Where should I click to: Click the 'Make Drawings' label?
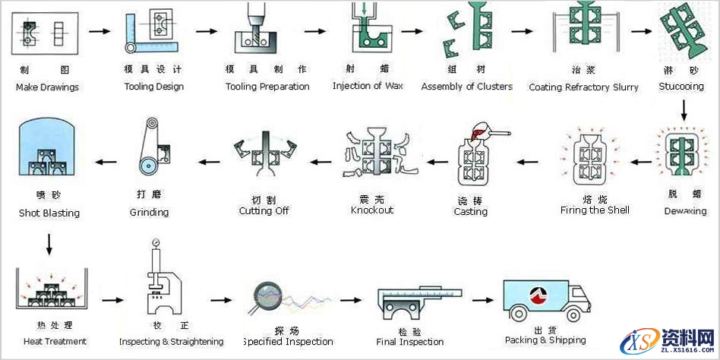(x=47, y=87)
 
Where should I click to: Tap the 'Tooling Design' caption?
(x=154, y=87)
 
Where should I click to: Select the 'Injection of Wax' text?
(x=368, y=86)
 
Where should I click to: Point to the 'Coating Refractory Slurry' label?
(x=583, y=87)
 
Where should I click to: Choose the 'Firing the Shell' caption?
(x=595, y=210)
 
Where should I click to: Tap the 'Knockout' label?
(x=372, y=210)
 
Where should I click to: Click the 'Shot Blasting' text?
(x=49, y=213)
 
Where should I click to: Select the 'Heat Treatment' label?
(x=55, y=341)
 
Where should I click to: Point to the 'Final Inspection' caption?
(x=410, y=342)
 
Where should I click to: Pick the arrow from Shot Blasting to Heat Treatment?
(x=49, y=243)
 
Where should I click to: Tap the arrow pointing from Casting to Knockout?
(x=435, y=161)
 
